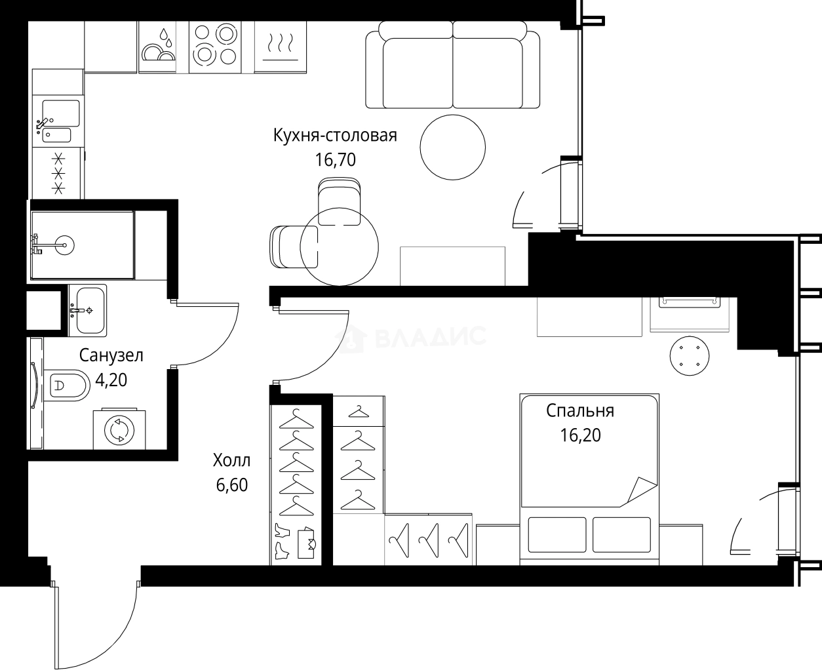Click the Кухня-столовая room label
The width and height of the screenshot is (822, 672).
click(x=335, y=136)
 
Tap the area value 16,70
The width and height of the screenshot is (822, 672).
click(x=335, y=159)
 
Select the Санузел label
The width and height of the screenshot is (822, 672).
click(x=111, y=355)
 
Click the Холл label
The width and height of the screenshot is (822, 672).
click(x=231, y=460)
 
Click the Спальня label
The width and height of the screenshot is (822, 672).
click(x=580, y=410)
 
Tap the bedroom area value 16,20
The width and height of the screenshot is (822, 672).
click(x=580, y=435)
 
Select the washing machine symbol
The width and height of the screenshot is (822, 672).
click(x=119, y=430)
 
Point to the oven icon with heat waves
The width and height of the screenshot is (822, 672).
click(x=280, y=45)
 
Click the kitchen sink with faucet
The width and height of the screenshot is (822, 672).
click(x=58, y=121)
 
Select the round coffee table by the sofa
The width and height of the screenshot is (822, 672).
click(x=452, y=146)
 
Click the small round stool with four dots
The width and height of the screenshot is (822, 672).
click(x=689, y=356)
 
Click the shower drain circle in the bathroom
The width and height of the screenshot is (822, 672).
click(x=65, y=246)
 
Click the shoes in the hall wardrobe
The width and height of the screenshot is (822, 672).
click(x=281, y=541)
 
